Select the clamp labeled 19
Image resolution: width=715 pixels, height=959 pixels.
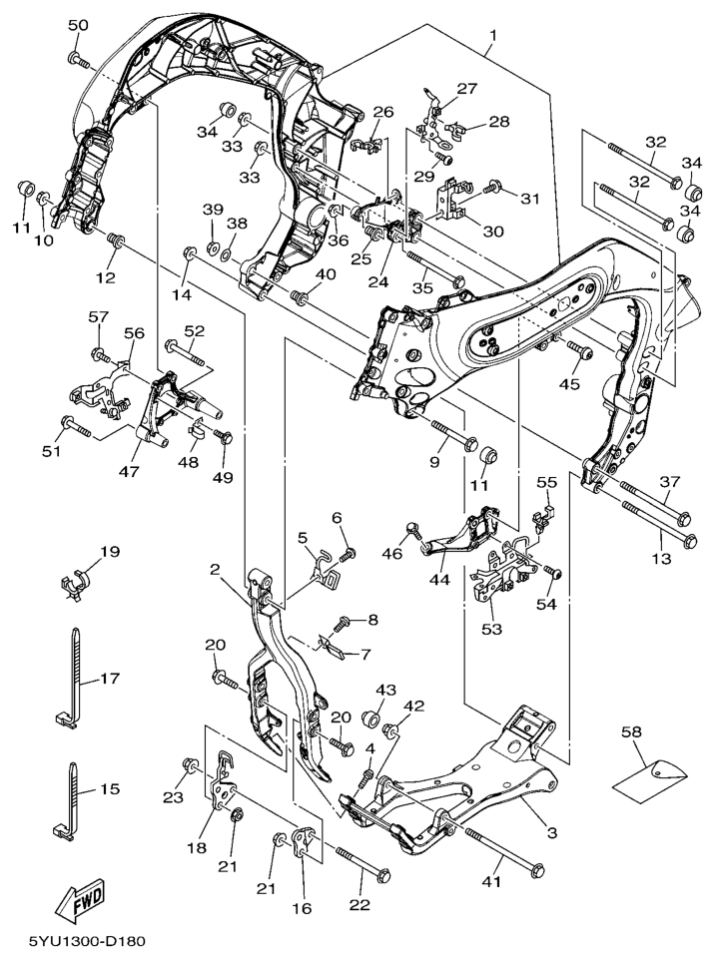76,580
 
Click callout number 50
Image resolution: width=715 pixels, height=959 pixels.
78,25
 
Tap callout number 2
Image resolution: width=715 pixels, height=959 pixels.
215,570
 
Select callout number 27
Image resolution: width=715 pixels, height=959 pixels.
467,88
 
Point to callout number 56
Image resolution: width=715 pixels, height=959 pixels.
134,332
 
